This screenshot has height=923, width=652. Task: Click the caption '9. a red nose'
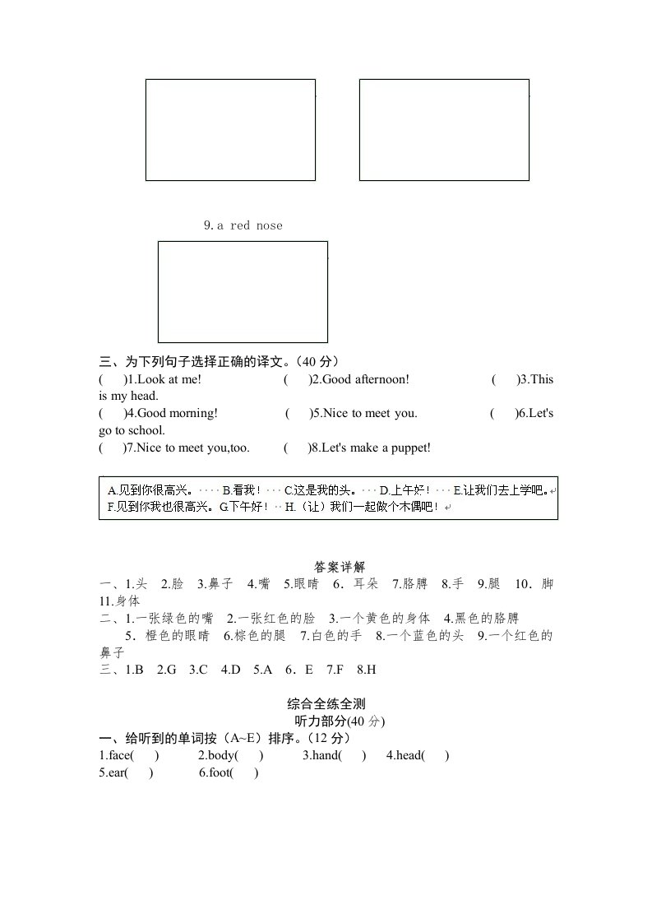(x=243, y=225)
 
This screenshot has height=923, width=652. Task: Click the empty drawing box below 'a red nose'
(x=243, y=291)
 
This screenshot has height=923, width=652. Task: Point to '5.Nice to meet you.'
(x=363, y=413)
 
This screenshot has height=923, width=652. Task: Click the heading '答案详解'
(x=340, y=568)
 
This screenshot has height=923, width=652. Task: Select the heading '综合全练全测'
(x=326, y=703)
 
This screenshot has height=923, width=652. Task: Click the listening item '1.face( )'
(x=129, y=755)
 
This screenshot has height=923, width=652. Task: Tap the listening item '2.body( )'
(x=230, y=755)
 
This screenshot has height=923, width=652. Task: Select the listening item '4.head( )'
(x=418, y=755)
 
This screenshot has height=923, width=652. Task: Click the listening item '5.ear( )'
(x=126, y=772)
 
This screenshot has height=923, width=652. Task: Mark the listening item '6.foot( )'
(x=229, y=772)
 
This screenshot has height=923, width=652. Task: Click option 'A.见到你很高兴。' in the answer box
(x=151, y=490)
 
